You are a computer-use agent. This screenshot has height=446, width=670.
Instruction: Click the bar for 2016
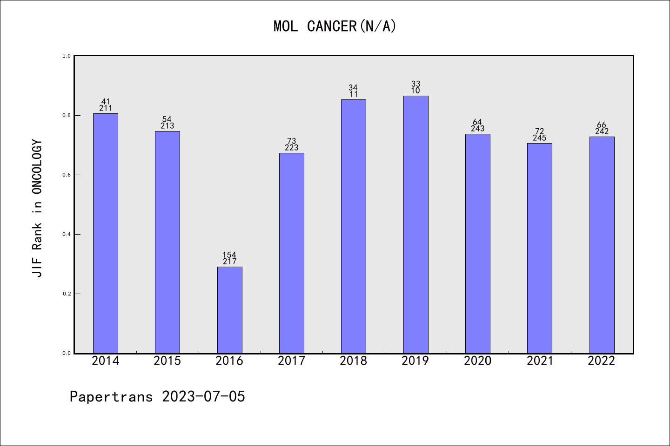229,310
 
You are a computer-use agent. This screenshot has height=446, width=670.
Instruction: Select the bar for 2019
415,224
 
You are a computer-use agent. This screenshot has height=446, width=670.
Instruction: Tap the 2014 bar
106,233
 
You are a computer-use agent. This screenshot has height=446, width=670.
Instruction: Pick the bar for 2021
539,248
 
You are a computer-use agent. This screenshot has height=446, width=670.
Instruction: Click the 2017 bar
291,253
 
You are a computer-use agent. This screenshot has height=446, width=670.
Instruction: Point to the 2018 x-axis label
353,361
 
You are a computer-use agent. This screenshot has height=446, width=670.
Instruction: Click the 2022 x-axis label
601,361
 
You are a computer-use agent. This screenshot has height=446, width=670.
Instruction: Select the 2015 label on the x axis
167,361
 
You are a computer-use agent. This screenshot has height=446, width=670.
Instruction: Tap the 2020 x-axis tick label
477,361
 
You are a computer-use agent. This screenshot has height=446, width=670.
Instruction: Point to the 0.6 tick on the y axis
67,175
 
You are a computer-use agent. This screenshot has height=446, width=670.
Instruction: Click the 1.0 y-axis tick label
67,56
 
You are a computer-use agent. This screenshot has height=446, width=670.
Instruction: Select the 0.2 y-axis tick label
67,294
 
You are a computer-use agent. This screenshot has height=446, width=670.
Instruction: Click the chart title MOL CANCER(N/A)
335,26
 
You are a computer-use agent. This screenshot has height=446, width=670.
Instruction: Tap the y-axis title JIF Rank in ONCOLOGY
37,208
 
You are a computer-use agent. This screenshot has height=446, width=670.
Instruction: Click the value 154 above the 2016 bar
229,255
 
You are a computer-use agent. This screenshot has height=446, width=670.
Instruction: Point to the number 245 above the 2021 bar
539,138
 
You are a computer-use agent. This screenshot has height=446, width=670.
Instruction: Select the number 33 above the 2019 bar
415,84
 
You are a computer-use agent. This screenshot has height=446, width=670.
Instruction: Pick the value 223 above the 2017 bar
291,148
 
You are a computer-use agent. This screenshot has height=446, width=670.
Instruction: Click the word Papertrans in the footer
111,396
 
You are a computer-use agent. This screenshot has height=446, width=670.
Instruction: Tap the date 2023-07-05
203,396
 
